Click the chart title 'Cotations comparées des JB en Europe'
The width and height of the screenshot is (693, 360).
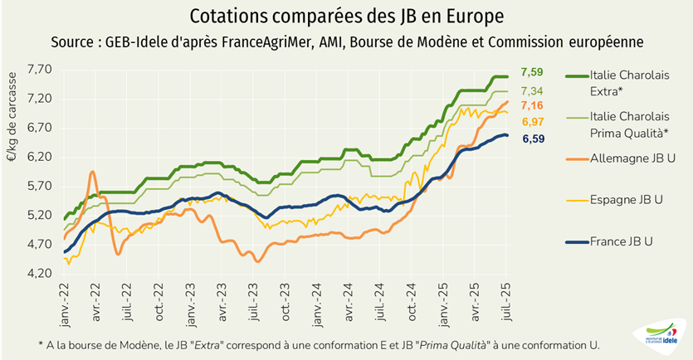click(x=346, y=17)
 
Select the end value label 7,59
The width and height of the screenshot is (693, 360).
click(x=532, y=73)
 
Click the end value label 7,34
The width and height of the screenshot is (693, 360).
click(x=532, y=91)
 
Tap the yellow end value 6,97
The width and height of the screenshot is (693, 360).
click(x=532, y=123)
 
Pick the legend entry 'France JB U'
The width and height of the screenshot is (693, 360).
click(x=622, y=241)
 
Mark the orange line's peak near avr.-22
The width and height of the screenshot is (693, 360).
click(x=92, y=172)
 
